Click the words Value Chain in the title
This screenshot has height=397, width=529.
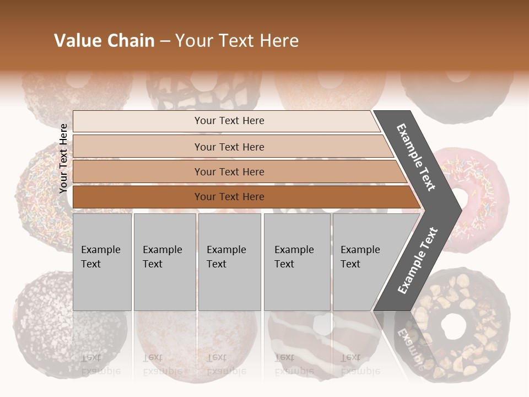point(104,41)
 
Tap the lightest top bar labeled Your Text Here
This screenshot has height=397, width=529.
point(229,121)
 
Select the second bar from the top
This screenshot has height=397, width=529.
point(229,147)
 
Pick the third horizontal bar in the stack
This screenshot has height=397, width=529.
point(229,171)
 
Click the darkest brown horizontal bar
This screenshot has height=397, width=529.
point(229,197)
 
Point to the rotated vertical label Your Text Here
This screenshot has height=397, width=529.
point(63,158)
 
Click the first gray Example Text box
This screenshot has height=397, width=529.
point(102,262)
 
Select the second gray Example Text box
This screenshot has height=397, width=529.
point(164,262)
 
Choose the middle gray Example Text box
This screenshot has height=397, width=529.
point(229,262)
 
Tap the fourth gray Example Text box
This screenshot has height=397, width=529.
point(296,262)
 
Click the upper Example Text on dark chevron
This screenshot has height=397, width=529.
point(416,157)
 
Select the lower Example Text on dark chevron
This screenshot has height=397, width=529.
point(417,260)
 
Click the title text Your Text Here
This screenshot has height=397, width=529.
point(237,41)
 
